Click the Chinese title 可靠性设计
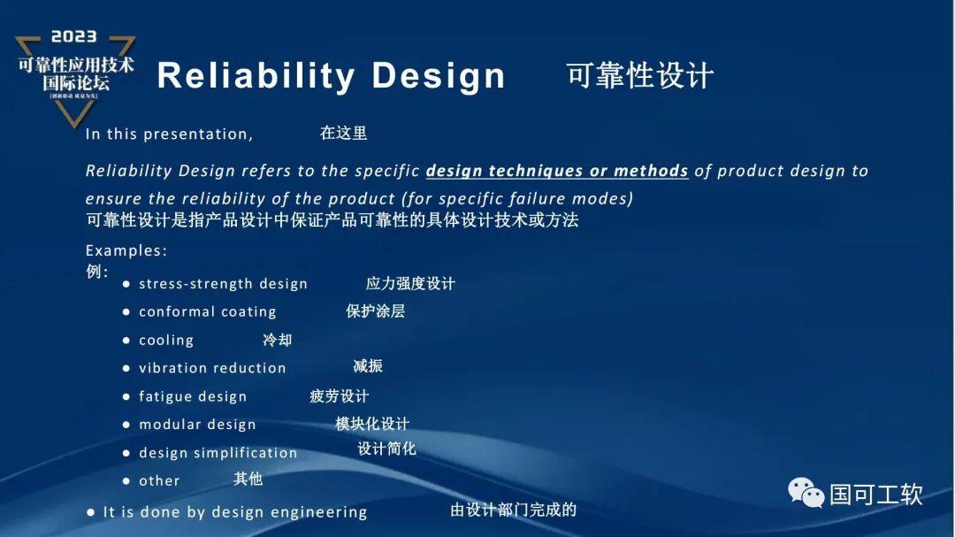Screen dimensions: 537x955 coord(639,76)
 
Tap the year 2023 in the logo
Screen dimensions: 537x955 coord(74,37)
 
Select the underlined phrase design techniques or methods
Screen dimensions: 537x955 coord(557,171)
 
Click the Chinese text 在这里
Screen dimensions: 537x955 coord(343,134)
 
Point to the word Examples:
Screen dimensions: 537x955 coord(126,250)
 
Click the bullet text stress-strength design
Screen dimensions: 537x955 coord(223,284)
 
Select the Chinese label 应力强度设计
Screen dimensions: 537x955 coord(410,284)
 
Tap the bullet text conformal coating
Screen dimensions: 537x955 coord(207,311)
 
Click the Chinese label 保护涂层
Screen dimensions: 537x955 coord(375,311)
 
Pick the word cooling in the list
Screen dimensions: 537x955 coord(166,340)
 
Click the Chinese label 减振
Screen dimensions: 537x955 coord(368,365)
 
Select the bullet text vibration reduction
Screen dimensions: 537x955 coord(212,368)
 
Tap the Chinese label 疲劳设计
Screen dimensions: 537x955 coord(339,396)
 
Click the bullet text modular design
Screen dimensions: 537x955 coord(197,425)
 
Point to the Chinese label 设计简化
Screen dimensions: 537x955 coord(386,449)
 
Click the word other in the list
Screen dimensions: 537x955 coord(159,480)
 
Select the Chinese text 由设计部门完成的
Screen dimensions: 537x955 coord(513,510)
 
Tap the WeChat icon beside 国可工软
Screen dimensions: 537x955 coord(806,493)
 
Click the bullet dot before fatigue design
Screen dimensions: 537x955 coord(126,396)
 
